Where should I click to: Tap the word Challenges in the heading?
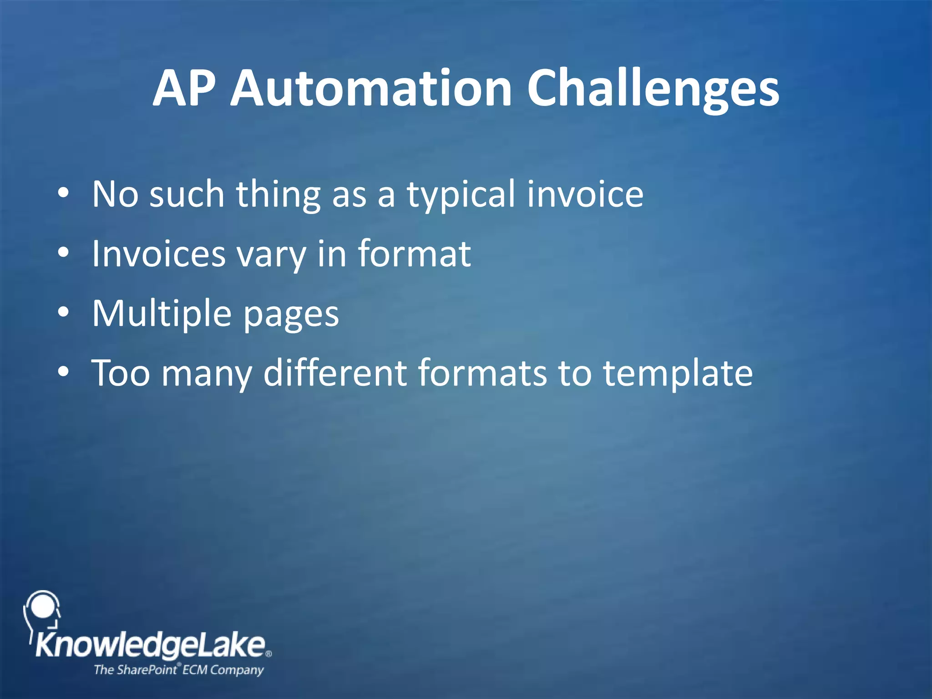pos(653,89)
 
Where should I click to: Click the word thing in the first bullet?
pos(278,195)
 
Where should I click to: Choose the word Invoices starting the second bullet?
pos(159,253)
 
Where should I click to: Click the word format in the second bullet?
pos(414,253)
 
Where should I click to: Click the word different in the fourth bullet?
pos(335,373)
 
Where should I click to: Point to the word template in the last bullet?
pos(678,374)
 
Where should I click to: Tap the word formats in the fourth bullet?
pos(482,373)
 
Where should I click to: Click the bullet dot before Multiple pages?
pos(64,312)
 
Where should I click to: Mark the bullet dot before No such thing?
pos(64,193)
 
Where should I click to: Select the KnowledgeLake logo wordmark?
pos(151,645)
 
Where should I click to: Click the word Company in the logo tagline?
pos(237,670)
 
